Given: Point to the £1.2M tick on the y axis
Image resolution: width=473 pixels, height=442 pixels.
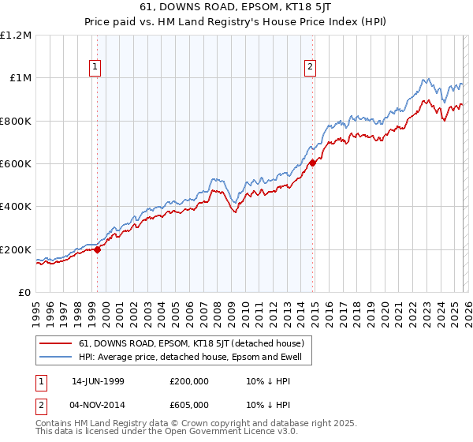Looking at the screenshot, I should (16, 36).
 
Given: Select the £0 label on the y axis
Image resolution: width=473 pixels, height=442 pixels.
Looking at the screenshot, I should (24, 293).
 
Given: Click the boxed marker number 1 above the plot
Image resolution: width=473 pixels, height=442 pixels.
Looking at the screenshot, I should (95, 68).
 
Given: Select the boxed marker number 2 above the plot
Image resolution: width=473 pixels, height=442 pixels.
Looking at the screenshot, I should (311, 68).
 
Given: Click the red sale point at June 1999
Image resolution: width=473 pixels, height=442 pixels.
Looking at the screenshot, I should (98, 249).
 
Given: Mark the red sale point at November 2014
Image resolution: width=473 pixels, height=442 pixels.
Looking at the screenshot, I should (312, 163).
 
